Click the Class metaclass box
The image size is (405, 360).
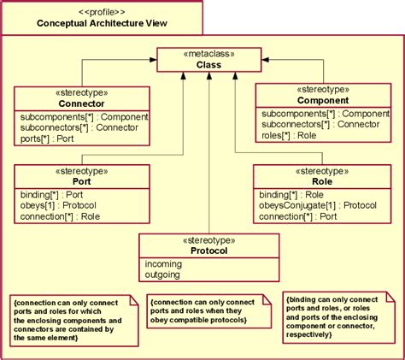click(x=208, y=60)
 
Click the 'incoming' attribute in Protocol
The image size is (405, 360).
click(x=163, y=265)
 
